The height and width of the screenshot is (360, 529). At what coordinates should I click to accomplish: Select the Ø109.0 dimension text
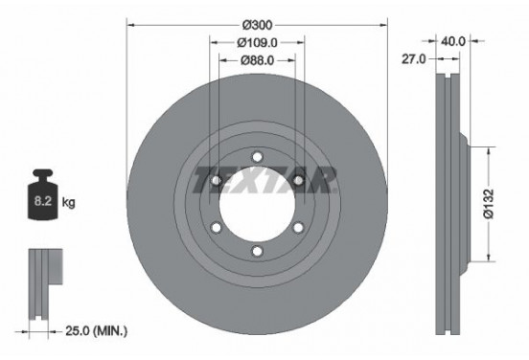[x=257, y=42]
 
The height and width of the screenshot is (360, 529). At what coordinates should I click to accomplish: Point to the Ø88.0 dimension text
[x=257, y=59]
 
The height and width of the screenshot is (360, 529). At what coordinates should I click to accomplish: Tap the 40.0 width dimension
[x=453, y=41]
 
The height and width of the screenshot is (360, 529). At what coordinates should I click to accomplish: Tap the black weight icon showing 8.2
[x=42, y=199]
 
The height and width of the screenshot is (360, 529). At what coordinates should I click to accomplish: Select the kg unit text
[x=68, y=204]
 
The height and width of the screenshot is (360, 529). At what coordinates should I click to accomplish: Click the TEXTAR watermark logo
[x=264, y=179]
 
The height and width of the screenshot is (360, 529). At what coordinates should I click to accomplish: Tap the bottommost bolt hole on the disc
[x=257, y=251]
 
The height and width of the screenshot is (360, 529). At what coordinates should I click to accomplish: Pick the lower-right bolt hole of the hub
[x=298, y=227]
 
